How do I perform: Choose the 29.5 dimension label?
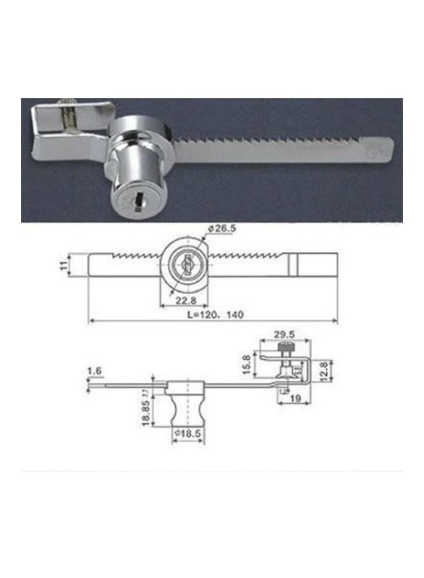283,335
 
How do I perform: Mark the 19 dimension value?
296,399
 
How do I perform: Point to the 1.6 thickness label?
94,371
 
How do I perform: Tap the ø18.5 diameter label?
190,435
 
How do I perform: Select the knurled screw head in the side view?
287,347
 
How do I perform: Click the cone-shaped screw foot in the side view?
286,372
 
